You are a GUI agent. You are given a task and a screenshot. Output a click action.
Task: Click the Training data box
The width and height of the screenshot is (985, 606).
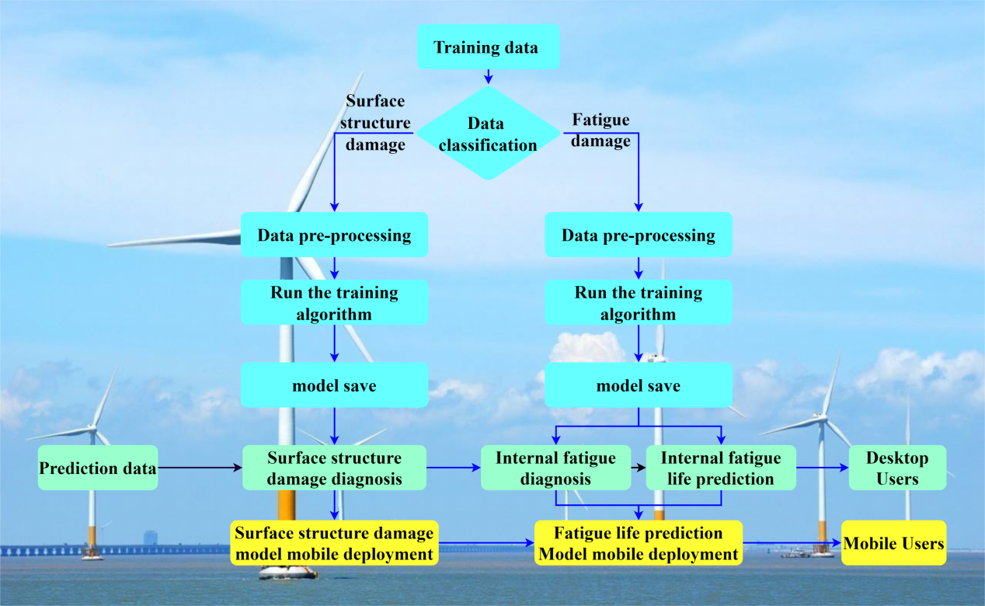[x=488, y=47]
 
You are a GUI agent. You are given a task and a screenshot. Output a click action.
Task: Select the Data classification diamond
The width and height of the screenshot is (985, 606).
[x=488, y=133]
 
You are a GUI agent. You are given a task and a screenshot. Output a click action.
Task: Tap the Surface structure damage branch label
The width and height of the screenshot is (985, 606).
[x=375, y=123]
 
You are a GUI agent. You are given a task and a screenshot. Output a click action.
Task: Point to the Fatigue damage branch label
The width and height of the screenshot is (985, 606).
[x=600, y=131]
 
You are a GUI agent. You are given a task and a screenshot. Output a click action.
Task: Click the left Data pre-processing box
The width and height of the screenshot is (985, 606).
[x=334, y=235]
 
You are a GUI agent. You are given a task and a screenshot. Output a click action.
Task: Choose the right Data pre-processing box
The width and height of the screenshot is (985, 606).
[x=639, y=235]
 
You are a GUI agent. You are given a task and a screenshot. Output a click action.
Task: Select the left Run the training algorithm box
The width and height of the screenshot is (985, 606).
[x=334, y=302]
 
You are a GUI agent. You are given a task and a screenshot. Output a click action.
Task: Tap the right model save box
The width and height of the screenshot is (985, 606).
[x=639, y=385]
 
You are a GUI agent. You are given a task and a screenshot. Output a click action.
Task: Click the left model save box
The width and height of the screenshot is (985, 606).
[x=334, y=385]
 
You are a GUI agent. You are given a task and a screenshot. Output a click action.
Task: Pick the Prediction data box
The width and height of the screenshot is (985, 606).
[x=98, y=468]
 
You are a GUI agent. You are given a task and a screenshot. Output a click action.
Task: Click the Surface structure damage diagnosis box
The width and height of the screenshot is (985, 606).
[x=334, y=468]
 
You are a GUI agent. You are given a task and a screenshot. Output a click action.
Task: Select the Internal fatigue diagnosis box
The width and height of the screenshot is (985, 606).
[x=556, y=468]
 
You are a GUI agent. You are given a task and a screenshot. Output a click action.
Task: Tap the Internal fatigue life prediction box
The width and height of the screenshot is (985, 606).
[x=721, y=468]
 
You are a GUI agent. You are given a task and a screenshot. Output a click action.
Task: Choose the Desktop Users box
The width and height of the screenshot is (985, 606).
[x=897, y=468]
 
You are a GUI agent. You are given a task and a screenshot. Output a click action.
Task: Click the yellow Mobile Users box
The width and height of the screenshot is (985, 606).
[x=894, y=542]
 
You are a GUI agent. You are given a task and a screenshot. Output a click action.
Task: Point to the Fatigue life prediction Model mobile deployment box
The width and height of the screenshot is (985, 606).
[x=639, y=542]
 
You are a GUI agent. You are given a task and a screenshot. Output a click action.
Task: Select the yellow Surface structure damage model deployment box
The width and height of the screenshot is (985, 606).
[x=334, y=542]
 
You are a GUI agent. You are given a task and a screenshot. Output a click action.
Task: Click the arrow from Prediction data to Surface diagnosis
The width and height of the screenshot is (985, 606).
[x=200, y=468]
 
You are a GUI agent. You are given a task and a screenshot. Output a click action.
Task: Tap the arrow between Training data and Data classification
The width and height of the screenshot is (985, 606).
[x=488, y=76]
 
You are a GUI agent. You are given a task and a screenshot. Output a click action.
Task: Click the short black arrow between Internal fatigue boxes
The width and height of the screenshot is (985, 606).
[x=639, y=468]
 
